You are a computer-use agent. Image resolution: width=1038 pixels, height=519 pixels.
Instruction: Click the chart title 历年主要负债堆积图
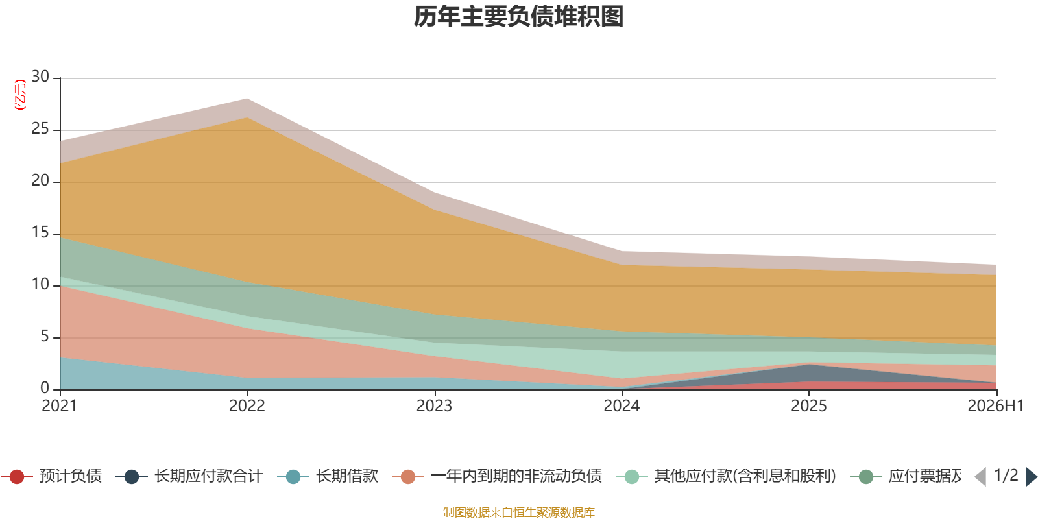point(518,17)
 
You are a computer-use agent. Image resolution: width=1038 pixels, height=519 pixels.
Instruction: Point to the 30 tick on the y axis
point(40,77)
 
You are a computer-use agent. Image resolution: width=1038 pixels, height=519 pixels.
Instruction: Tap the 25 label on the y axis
point(40,128)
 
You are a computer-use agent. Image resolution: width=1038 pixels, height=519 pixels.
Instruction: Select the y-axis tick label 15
point(40,232)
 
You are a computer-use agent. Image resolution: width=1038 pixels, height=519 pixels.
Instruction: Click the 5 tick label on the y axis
point(45,336)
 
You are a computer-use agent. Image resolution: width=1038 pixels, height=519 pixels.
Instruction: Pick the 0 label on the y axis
point(45,388)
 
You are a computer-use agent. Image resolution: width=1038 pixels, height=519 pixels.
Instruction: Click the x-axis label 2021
point(59,406)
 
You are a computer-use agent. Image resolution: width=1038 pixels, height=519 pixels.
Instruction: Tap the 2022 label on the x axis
point(247,406)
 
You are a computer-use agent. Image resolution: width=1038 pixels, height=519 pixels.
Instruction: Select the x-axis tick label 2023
point(434,406)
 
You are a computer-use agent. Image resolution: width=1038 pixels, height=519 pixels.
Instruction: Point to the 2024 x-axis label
point(622,406)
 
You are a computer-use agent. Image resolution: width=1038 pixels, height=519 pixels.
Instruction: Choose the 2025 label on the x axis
point(808,406)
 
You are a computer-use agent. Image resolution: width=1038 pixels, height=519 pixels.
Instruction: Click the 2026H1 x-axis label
point(996,406)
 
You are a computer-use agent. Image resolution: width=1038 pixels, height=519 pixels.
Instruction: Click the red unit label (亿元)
point(20,95)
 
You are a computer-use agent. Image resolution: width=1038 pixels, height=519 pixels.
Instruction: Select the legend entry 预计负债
point(51,476)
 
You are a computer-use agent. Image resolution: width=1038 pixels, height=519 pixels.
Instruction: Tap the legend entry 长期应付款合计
point(189,476)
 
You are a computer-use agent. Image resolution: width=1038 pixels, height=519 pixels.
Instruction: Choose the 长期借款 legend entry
point(328,476)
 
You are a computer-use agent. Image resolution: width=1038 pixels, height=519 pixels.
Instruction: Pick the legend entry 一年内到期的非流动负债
point(497,476)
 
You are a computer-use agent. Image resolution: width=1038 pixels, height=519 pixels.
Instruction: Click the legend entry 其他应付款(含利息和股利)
point(726,476)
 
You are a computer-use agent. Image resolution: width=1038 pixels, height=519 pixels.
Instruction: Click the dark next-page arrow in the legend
point(1031,477)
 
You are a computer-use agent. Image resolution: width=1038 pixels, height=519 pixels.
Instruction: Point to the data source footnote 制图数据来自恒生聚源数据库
point(518,512)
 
